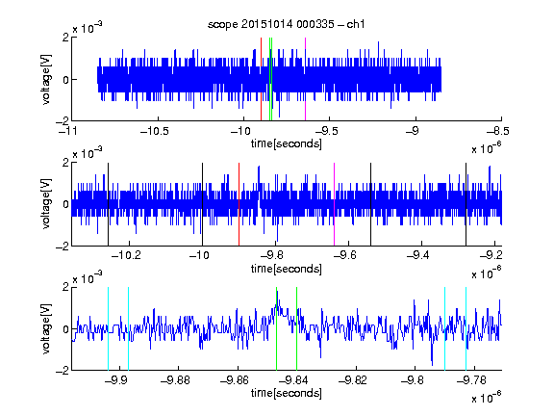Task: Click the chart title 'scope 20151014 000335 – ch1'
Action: [286, 24]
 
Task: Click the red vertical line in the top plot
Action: [261, 79]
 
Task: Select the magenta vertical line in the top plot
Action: [305, 79]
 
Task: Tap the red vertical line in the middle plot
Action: [239, 204]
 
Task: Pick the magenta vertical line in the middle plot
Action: [335, 204]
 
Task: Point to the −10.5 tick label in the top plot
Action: [155, 131]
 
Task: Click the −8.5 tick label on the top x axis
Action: [498, 131]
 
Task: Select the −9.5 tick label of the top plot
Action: [326, 131]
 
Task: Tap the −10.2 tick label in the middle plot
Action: [126, 255]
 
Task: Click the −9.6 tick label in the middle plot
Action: [345, 255]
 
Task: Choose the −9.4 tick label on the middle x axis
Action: [418, 255]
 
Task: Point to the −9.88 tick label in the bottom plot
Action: [175, 380]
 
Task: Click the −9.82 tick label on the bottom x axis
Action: [353, 380]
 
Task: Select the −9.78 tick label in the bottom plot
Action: [471, 380]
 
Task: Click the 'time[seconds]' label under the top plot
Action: [287, 143]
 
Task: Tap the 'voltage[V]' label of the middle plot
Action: [46, 204]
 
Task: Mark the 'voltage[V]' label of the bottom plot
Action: [46, 328]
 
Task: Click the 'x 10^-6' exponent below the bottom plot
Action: [487, 398]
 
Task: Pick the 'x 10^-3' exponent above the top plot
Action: [88, 28]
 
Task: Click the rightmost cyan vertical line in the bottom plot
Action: [466, 328]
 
